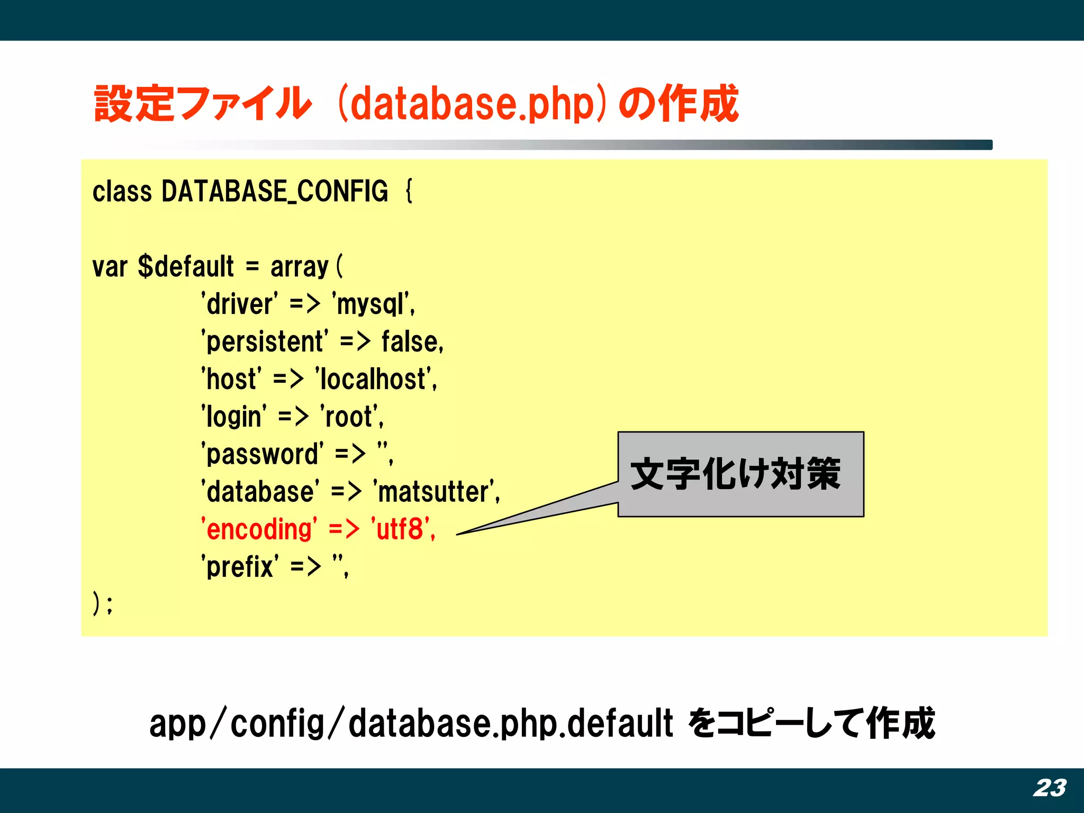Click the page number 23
click(1050, 788)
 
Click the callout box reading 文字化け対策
click(740, 474)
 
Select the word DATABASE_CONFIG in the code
click(274, 191)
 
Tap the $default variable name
click(185, 266)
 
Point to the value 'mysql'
click(373, 304)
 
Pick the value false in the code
click(411, 341)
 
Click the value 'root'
click(350, 417)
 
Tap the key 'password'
click(263, 454)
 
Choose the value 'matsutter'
click(435, 492)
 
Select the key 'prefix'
click(240, 567)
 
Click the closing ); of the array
click(103, 603)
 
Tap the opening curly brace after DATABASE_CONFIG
click(409, 191)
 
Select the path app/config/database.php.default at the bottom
click(411, 724)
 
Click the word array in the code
click(299, 266)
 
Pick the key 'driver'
click(239, 304)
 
